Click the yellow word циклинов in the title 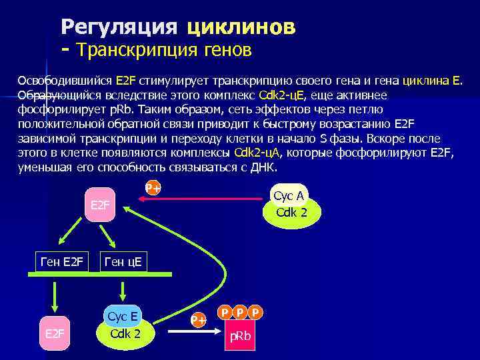(241, 27)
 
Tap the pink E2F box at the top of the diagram (100, 203)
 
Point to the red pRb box (240, 337)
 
